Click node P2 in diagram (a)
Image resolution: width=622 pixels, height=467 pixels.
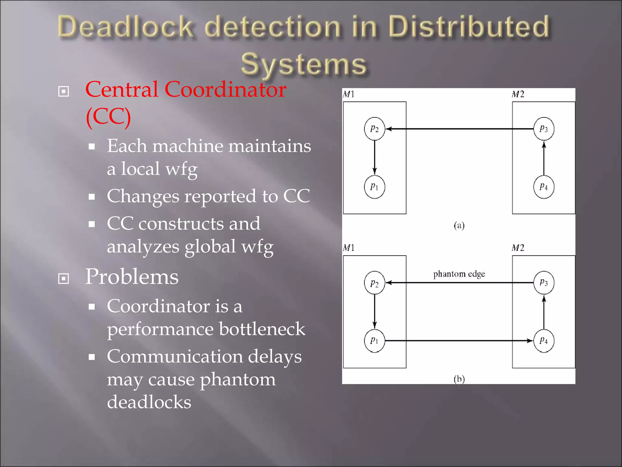(374, 129)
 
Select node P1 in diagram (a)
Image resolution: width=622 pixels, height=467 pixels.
(374, 187)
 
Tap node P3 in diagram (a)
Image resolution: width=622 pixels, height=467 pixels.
(544, 129)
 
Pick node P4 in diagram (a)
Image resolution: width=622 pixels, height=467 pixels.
(544, 187)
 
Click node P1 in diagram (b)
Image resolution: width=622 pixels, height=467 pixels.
(374, 341)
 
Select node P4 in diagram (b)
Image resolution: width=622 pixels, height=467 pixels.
(544, 341)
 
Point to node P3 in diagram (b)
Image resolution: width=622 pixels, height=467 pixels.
(544, 282)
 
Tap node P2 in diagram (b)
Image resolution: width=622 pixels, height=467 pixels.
(374, 283)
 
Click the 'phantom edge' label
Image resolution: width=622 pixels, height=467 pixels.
(459, 274)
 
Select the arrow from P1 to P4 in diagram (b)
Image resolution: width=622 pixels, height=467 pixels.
(459, 341)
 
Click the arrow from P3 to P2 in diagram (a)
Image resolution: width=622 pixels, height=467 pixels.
(459, 129)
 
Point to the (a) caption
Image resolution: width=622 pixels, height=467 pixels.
(459, 225)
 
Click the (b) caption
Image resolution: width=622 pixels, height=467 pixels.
(459, 379)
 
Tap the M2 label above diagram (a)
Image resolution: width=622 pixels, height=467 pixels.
(518, 94)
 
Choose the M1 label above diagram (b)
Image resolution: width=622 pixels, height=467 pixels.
(349, 248)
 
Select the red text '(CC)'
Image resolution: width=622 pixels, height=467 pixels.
(108, 117)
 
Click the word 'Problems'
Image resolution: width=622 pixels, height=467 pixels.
(132, 276)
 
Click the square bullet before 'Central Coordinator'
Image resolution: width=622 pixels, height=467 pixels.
(63, 91)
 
